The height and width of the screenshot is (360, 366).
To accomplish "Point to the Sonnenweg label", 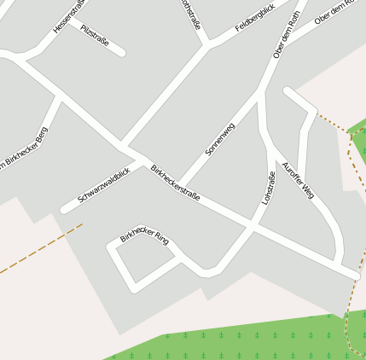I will (x=219, y=138).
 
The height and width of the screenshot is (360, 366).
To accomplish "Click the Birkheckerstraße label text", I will (x=175, y=183).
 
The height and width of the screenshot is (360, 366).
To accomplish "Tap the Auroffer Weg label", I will (x=298, y=179).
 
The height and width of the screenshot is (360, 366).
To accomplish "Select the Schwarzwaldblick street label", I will (x=103, y=185).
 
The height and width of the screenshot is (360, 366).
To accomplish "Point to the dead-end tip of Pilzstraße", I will (x=122, y=52).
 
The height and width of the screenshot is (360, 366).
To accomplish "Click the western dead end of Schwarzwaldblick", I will (x=65, y=209).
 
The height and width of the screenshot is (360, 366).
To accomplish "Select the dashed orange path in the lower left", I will (x=38, y=249).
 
